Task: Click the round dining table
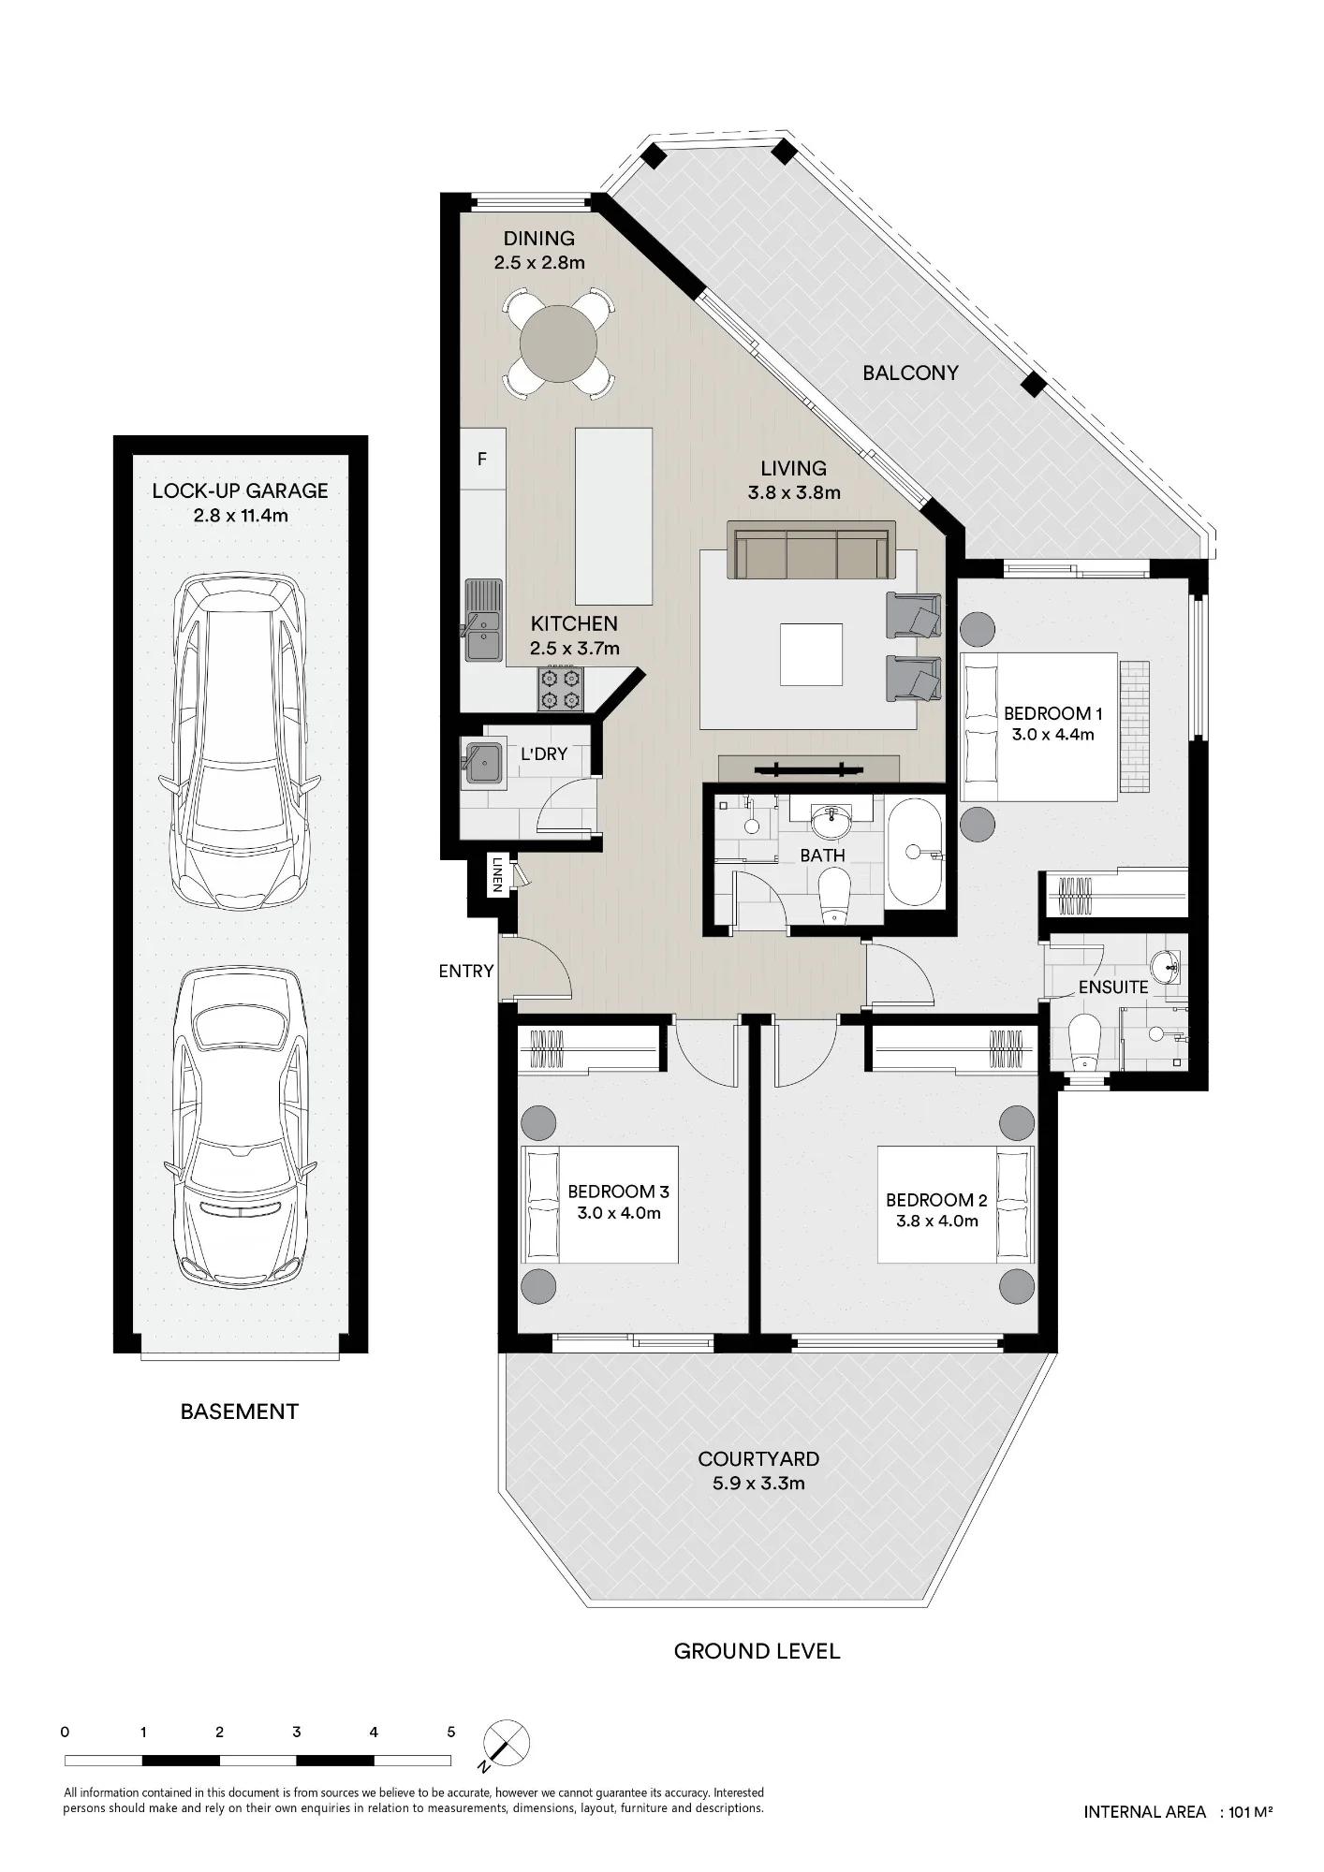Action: tap(558, 343)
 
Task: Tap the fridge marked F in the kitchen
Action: tap(483, 460)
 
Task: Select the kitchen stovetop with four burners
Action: tap(560, 689)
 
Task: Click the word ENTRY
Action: tap(465, 971)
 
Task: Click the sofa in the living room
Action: tap(811, 554)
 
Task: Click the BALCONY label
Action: tap(910, 373)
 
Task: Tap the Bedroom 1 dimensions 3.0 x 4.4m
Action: tap(1052, 735)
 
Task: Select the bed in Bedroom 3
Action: tap(599, 1205)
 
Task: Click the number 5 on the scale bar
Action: tap(450, 1732)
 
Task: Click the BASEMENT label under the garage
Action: tap(240, 1411)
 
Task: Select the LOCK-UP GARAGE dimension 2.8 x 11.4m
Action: tap(241, 515)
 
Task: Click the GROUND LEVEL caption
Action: tap(757, 1651)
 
